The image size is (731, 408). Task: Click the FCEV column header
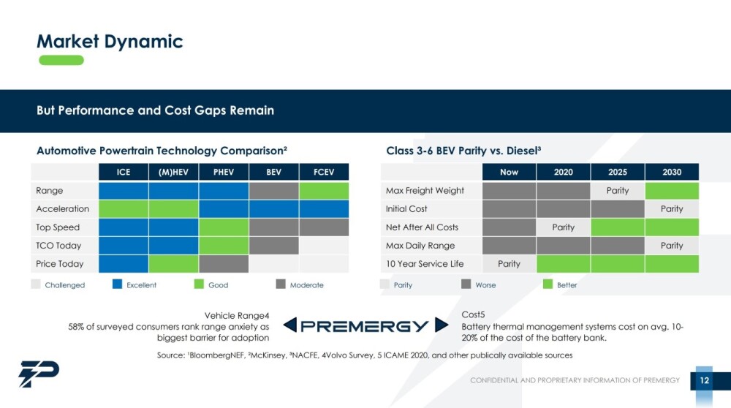324,172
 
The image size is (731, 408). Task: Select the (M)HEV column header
173,172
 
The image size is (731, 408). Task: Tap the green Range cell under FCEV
324,191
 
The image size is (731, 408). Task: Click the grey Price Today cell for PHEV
224,264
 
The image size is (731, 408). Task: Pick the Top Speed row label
58,227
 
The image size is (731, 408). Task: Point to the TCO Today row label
58,246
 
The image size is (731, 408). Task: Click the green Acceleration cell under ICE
124,209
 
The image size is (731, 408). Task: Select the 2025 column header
618,172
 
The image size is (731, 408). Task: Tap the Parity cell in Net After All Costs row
563,227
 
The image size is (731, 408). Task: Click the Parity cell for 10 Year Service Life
509,264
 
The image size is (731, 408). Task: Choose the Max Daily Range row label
420,246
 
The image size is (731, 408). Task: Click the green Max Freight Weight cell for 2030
672,191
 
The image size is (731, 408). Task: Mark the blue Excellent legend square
117,284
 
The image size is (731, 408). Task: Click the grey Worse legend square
466,284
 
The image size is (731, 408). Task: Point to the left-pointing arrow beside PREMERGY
290,325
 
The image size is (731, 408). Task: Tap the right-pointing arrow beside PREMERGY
442,325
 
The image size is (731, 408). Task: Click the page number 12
705,380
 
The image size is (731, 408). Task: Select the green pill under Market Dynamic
61,60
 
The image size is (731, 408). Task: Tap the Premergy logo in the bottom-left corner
39,374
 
